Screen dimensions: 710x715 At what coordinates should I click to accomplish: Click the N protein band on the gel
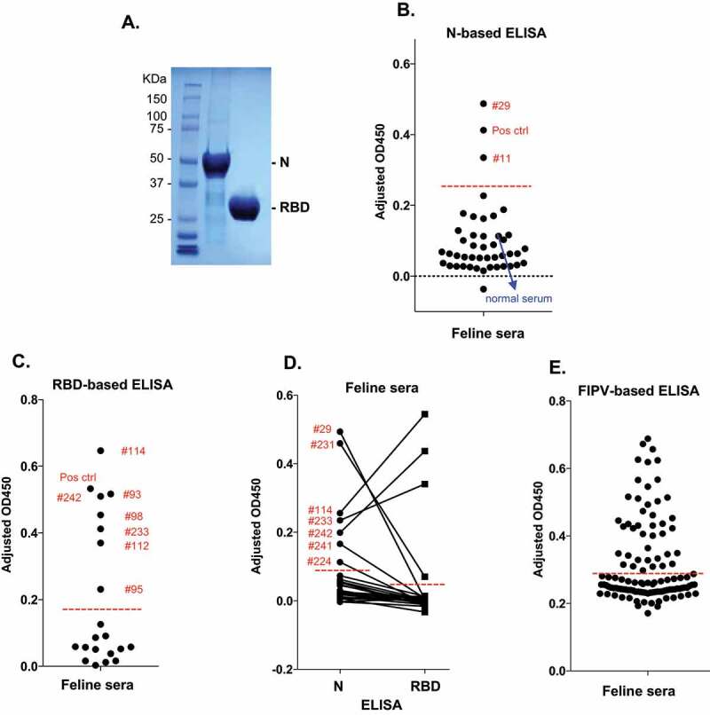click(216, 164)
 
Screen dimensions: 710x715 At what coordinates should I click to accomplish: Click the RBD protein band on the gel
click(244, 208)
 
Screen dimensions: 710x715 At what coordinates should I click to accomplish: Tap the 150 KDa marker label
click(156, 99)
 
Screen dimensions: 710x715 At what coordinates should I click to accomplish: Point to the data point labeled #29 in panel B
click(484, 104)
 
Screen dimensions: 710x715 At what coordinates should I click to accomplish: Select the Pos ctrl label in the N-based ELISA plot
click(509, 130)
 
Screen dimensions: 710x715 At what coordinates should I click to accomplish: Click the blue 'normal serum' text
click(519, 299)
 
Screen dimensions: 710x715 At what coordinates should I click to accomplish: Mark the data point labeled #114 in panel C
click(101, 451)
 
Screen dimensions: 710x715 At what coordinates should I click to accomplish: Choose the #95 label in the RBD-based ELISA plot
click(134, 589)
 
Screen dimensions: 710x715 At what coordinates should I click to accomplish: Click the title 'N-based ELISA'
click(496, 34)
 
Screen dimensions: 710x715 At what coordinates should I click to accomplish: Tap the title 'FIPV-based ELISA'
click(638, 391)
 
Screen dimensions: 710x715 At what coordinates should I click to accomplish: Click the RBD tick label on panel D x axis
click(425, 686)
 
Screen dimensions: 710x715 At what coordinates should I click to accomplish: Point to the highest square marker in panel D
click(425, 414)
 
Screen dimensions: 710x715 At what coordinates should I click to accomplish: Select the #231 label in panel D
click(322, 444)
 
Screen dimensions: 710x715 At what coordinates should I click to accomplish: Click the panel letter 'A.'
click(130, 22)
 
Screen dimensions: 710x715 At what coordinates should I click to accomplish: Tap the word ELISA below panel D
click(382, 705)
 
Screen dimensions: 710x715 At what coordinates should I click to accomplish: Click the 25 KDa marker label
click(156, 219)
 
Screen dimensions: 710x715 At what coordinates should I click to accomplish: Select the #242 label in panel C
click(69, 498)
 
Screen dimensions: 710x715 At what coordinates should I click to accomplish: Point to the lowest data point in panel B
click(484, 288)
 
